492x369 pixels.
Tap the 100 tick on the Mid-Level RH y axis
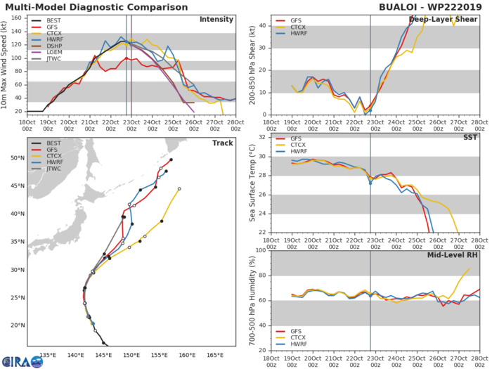pyautogui.click(x=259, y=250)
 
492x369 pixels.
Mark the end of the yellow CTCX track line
pyautogui.click(x=179, y=188)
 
